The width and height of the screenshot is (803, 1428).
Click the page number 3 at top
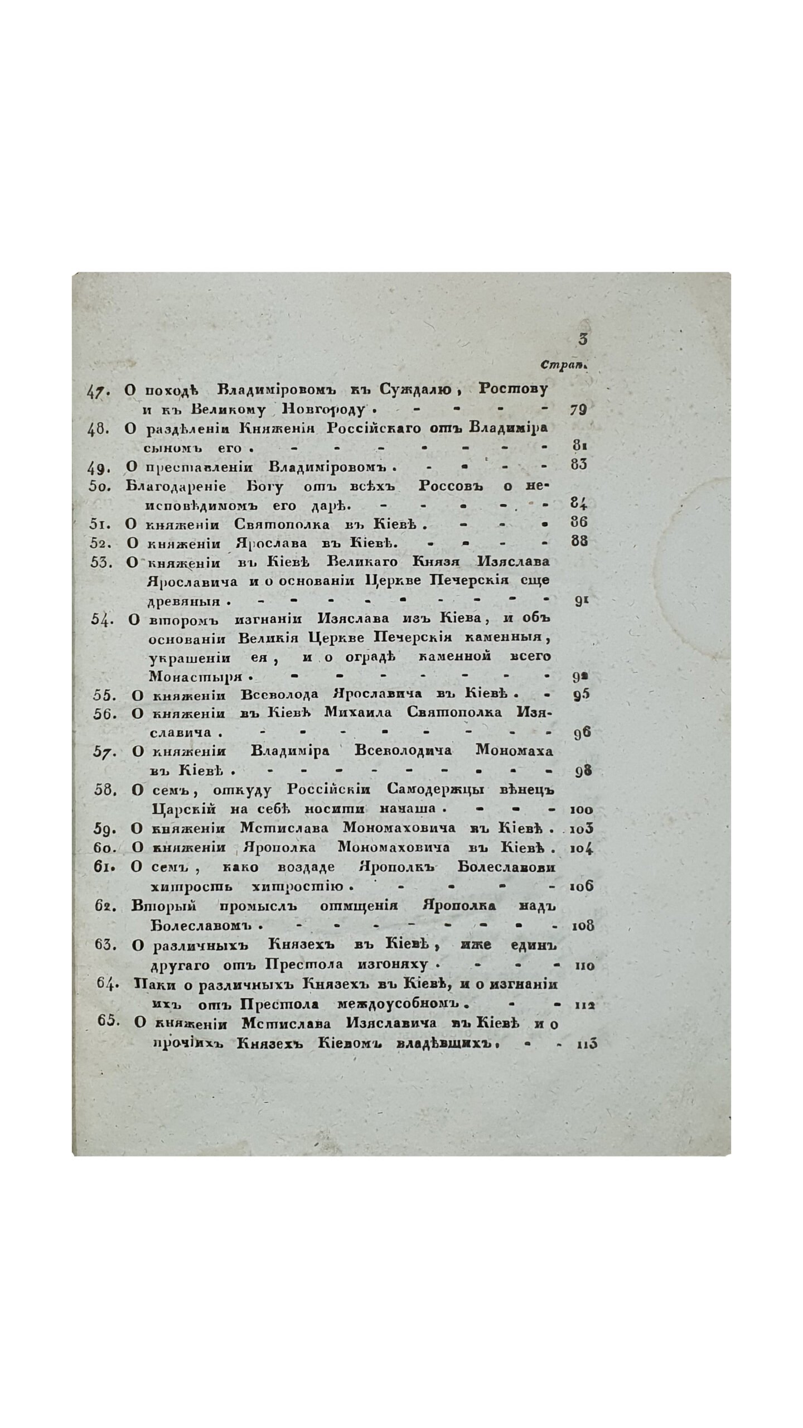(584, 339)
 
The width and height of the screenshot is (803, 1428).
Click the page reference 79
(579, 410)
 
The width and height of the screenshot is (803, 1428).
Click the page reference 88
(580, 541)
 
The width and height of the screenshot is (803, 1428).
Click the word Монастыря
(196, 677)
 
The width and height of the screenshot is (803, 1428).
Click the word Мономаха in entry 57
(514, 751)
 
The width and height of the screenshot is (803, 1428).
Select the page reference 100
(582, 810)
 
